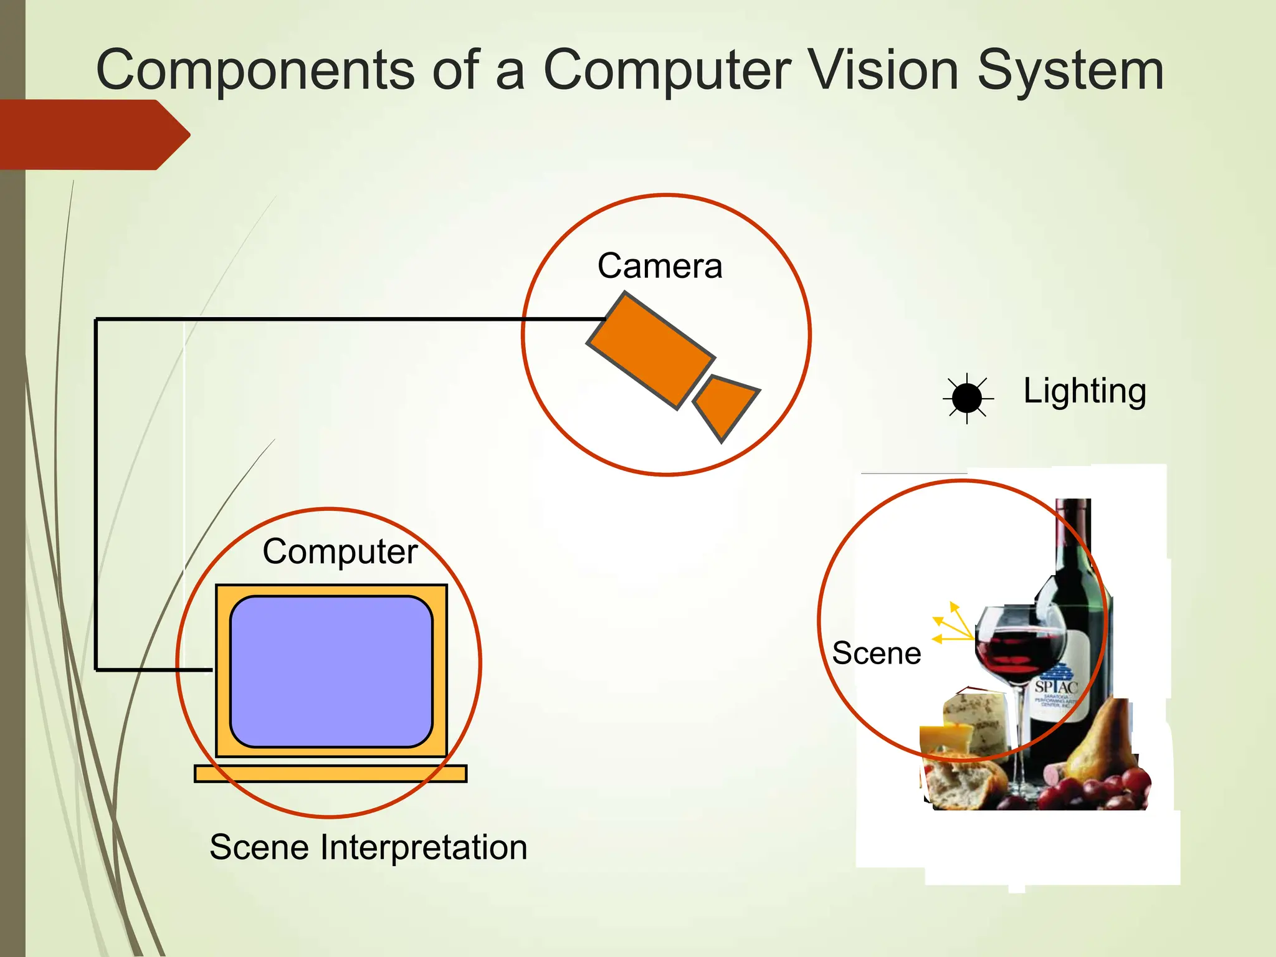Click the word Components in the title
click(x=255, y=70)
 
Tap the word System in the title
click(x=1070, y=70)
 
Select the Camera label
click(x=660, y=266)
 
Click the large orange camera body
click(x=651, y=351)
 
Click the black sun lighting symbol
click(x=966, y=398)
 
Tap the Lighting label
click(x=1085, y=391)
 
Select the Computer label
click(x=340, y=551)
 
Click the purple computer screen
click(x=331, y=671)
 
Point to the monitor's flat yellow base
click(x=330, y=773)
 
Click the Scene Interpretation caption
click(x=368, y=847)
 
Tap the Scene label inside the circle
click(x=876, y=654)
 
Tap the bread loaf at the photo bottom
click(x=963, y=785)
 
